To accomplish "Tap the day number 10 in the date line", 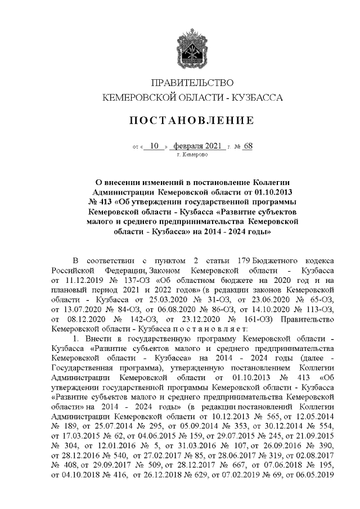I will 155,146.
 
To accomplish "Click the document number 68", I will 248,146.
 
